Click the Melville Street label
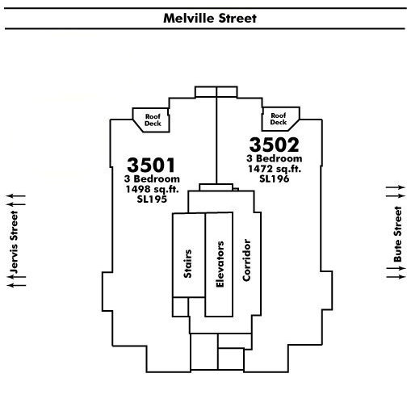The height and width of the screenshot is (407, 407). pyautogui.click(x=210, y=19)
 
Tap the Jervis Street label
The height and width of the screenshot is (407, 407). pyautogui.click(x=14, y=242)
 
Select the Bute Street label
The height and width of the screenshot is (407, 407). pyautogui.click(x=397, y=234)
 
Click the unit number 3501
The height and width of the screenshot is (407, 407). pyautogui.click(x=151, y=165)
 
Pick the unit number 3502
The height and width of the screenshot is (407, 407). pyautogui.click(x=274, y=145)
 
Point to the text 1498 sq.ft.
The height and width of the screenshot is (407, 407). pyautogui.click(x=152, y=189)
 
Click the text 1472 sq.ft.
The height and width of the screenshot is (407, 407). pyautogui.click(x=275, y=169)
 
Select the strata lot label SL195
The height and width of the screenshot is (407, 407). pyautogui.click(x=152, y=199)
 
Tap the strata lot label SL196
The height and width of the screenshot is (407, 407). pyautogui.click(x=275, y=178)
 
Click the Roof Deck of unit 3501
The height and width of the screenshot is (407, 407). pyautogui.click(x=153, y=120)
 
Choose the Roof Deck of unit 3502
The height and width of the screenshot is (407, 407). pyautogui.click(x=279, y=119)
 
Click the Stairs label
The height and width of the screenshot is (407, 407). pyautogui.click(x=187, y=264)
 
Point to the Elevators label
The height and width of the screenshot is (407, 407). pyautogui.click(x=220, y=264)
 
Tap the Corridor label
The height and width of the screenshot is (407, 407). pyautogui.click(x=246, y=260)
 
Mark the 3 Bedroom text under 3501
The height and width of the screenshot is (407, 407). pyautogui.click(x=152, y=178)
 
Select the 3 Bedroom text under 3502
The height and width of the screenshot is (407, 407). pyautogui.click(x=275, y=158)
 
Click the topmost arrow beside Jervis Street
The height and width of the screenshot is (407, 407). pyautogui.click(x=16, y=196)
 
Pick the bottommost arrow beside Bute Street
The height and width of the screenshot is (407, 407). pyautogui.click(x=396, y=277)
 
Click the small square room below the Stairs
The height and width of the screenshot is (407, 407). pyautogui.click(x=180, y=307)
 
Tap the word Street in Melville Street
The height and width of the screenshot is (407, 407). pyautogui.click(x=237, y=19)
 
